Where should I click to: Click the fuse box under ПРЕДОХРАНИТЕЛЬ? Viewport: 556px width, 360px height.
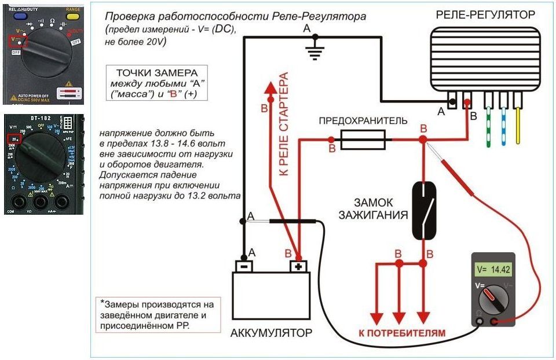pyautogui.click(x=361, y=139)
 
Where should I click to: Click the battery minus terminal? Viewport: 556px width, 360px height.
pyautogui.click(x=244, y=266)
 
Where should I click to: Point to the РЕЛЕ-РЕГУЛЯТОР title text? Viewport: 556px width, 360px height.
pyautogui.click(x=485, y=14)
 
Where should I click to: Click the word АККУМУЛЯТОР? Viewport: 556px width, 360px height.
pyautogui.click(x=271, y=333)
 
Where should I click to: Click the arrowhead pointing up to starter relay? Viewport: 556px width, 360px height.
pyautogui.click(x=270, y=90)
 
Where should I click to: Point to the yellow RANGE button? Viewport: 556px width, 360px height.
pyautogui.click(x=73, y=16)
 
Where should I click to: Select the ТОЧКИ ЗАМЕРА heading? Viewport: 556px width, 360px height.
pyautogui.click(x=158, y=73)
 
